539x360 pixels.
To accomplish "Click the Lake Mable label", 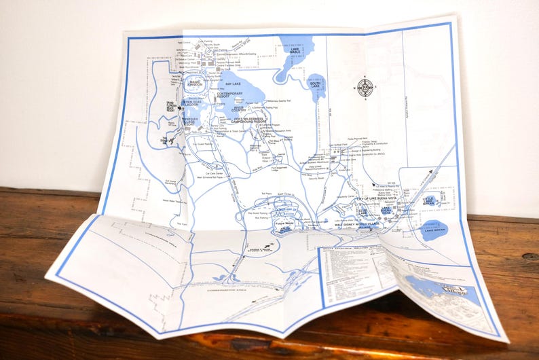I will click(295, 50).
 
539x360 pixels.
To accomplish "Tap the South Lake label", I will click(314, 84).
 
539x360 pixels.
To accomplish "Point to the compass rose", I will click(365, 87).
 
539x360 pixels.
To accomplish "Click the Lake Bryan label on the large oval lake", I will click(433, 232).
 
